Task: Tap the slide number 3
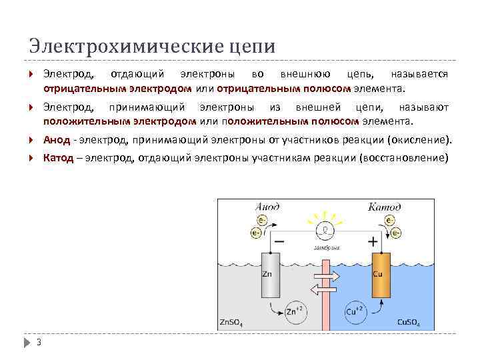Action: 39,343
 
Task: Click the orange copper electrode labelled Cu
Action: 379,275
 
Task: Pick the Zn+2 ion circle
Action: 293,311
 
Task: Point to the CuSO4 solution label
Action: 409,323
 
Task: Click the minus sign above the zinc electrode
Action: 279,241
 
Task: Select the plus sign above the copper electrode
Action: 373,241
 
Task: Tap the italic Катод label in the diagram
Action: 385,207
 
